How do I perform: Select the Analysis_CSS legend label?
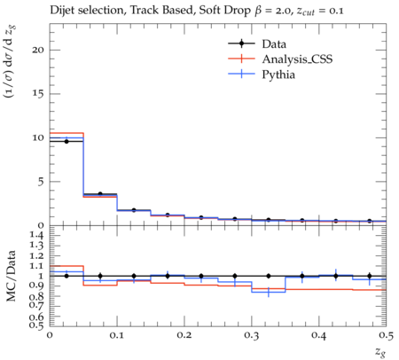[x=297, y=59]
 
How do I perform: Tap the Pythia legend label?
[x=278, y=74]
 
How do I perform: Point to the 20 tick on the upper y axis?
[x=38, y=50]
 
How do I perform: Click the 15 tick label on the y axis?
[x=38, y=94]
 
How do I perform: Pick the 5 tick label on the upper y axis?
[x=41, y=182]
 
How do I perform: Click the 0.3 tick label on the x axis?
[x=252, y=335]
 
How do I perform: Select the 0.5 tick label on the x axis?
[x=386, y=335]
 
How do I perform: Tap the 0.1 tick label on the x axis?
[x=117, y=335]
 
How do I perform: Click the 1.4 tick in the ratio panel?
[x=36, y=236]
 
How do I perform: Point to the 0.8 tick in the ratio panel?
[x=36, y=296]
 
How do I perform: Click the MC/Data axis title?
[x=11, y=276]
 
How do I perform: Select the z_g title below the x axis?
[x=380, y=352]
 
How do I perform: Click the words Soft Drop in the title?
[x=224, y=11]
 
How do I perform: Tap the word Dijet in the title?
[x=62, y=11]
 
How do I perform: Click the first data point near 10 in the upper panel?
[x=66, y=142]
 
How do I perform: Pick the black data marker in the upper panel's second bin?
[x=100, y=194]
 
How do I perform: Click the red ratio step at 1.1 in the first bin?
[x=66, y=266]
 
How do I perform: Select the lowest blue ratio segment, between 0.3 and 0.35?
[x=269, y=292]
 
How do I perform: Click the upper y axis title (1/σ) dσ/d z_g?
[x=11, y=62]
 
